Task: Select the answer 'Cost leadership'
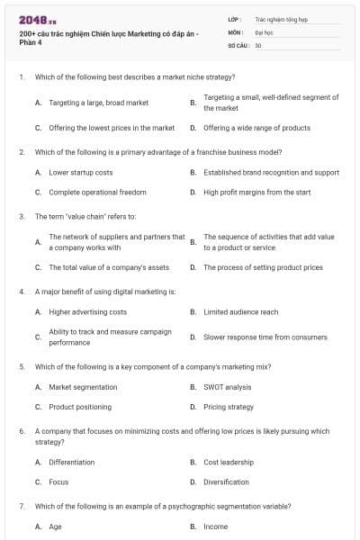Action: click(229, 462)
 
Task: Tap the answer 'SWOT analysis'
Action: click(227, 387)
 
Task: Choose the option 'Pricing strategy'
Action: click(229, 407)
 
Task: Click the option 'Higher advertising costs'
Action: click(87, 311)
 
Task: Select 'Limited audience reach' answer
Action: click(240, 311)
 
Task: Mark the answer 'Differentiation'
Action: click(71, 462)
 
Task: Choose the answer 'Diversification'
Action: click(226, 481)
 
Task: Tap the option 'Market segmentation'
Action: click(83, 387)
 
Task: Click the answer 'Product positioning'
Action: click(80, 407)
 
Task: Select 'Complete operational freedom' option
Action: click(97, 192)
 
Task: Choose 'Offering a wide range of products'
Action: click(256, 128)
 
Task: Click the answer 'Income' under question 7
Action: click(215, 526)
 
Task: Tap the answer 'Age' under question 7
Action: click(55, 526)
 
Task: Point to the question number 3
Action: click(22, 217)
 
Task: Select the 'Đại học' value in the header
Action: click(264, 31)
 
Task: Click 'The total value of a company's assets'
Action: click(109, 267)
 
